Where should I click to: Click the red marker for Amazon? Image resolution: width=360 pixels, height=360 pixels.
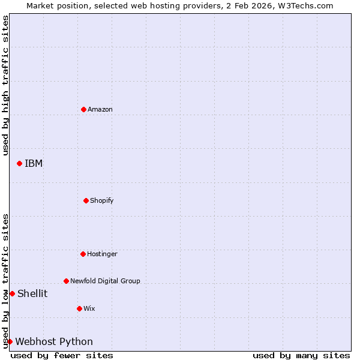[x=83, y=109]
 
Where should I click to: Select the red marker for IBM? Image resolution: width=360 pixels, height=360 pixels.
[x=19, y=163]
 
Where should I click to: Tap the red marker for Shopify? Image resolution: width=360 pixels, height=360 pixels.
[x=86, y=200]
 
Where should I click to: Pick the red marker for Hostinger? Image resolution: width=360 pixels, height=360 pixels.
[x=83, y=254]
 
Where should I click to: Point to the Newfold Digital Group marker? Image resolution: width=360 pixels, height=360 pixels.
[x=66, y=281]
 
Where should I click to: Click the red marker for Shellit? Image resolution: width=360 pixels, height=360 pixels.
[x=12, y=293]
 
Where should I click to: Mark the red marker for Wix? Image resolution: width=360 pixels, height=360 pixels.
[x=79, y=308]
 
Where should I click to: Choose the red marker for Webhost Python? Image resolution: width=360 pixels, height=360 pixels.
[x=10, y=341]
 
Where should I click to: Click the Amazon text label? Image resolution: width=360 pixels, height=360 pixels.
[x=100, y=109]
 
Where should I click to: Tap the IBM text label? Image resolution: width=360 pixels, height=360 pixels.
[x=34, y=163]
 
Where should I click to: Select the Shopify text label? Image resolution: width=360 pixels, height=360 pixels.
[x=102, y=200]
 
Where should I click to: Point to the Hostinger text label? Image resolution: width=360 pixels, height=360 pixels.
[x=103, y=254]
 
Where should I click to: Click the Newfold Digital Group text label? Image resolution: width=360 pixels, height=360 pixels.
[x=105, y=281]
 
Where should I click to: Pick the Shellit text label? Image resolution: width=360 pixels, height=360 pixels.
[x=32, y=293]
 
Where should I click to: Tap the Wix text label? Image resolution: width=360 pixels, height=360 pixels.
[x=89, y=308]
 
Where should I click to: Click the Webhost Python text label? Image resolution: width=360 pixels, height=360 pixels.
[x=54, y=341]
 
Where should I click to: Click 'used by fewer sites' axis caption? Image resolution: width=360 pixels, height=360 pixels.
[x=62, y=355]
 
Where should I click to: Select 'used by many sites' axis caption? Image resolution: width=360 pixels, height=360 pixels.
[x=301, y=355]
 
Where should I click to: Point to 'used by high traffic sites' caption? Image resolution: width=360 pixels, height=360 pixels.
[x=5, y=85]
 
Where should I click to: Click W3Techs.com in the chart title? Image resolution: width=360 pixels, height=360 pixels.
[x=304, y=5]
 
